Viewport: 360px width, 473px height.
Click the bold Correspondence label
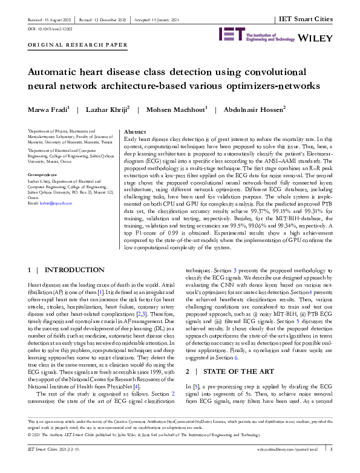click(x=43, y=174)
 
